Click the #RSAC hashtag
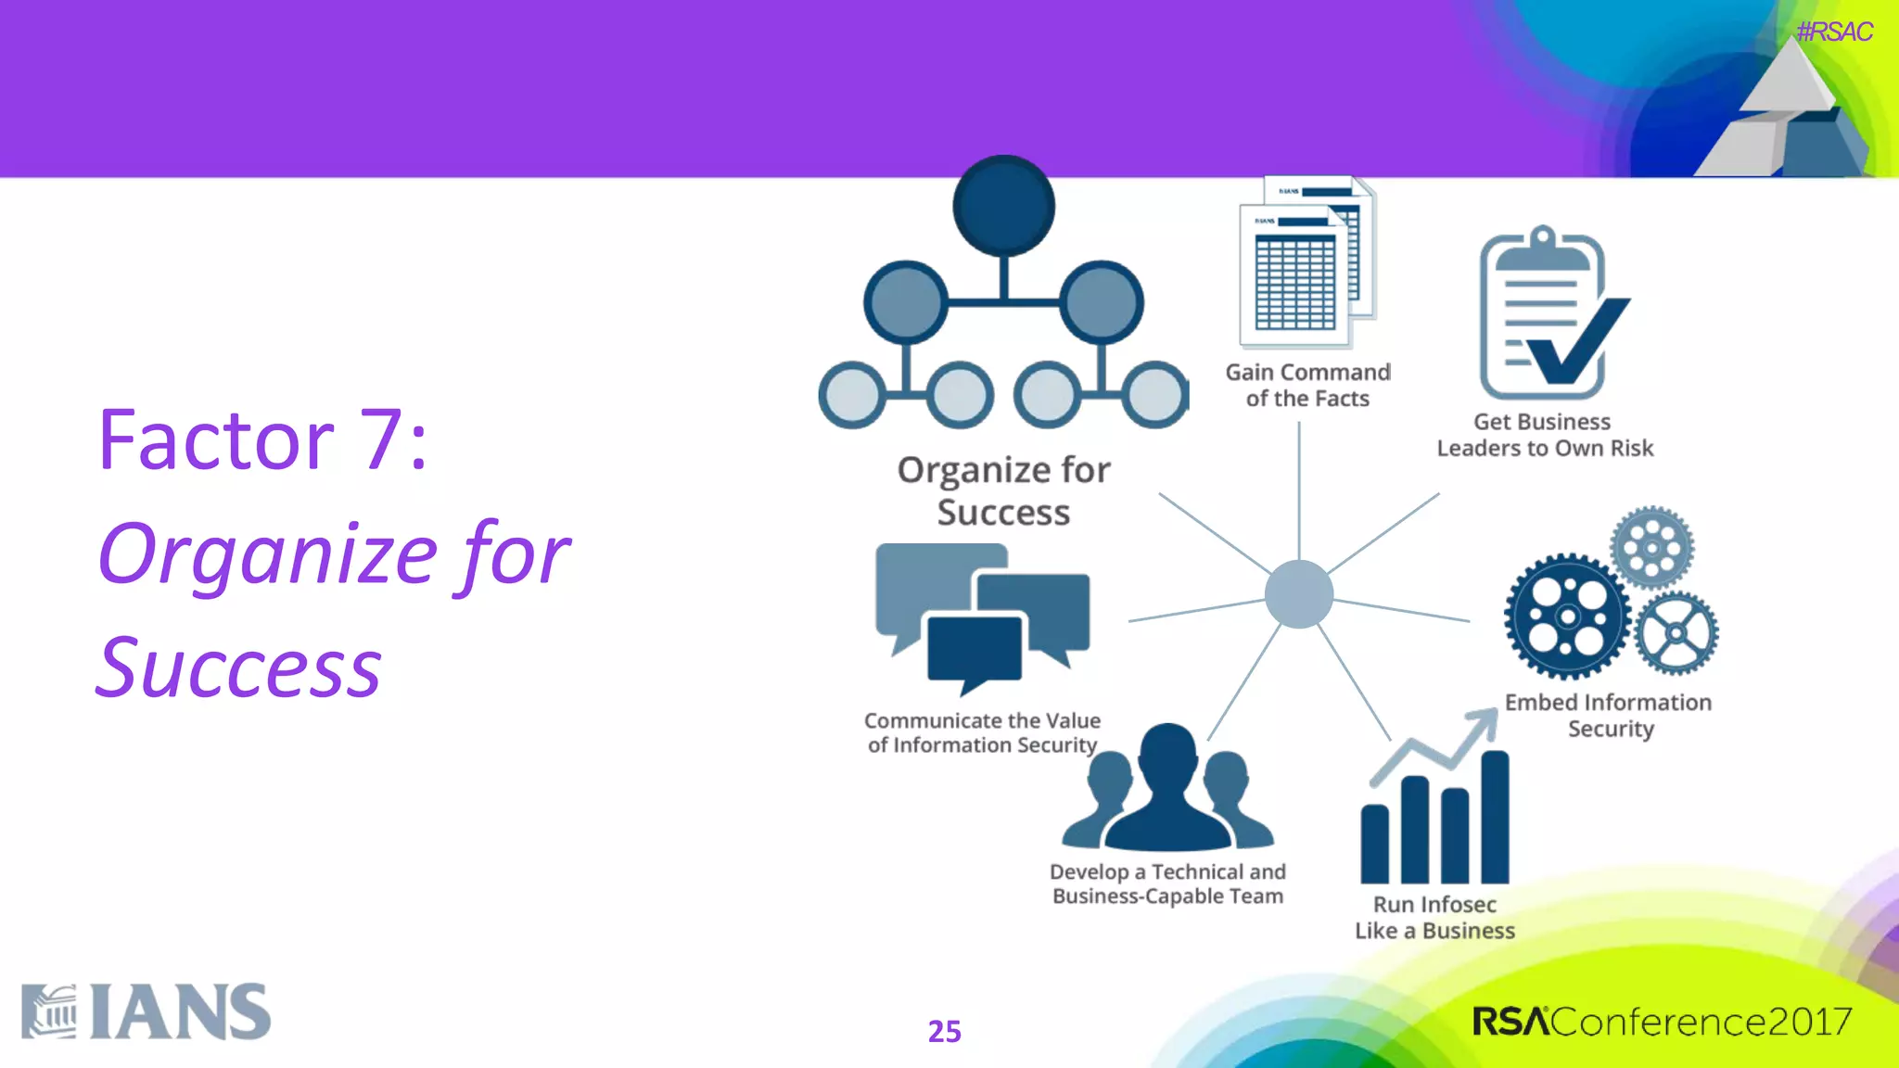pos(1833,32)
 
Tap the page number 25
pos(944,1031)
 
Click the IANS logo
pos(147,1011)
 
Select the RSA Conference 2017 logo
pos(1662,1022)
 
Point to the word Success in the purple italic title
pos(239,668)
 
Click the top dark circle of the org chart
pos(1003,206)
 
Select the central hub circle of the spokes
pos(1298,594)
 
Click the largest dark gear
pos(1567,617)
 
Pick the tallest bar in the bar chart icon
pos(1494,816)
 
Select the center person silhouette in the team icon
pos(1167,788)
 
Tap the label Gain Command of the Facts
pos(1307,385)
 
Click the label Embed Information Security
pos(1609,715)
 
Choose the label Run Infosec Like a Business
pos(1434,917)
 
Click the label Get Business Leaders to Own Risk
pos(1545,435)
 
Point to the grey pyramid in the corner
pos(1785,111)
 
